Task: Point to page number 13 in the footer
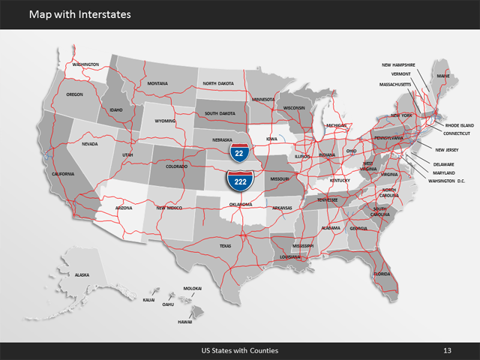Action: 447,350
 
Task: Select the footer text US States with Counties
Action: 240,350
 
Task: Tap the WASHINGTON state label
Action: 85,64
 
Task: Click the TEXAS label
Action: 226,245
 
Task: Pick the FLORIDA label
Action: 382,274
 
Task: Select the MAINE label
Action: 443,76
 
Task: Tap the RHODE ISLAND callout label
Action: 459,125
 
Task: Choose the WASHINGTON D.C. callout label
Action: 447,181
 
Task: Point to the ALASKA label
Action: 82,275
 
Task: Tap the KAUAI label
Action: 148,299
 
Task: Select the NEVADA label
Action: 89,144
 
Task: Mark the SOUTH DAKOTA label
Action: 220,113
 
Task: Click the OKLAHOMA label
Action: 241,204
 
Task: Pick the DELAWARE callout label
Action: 444,164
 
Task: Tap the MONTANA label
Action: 157,83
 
